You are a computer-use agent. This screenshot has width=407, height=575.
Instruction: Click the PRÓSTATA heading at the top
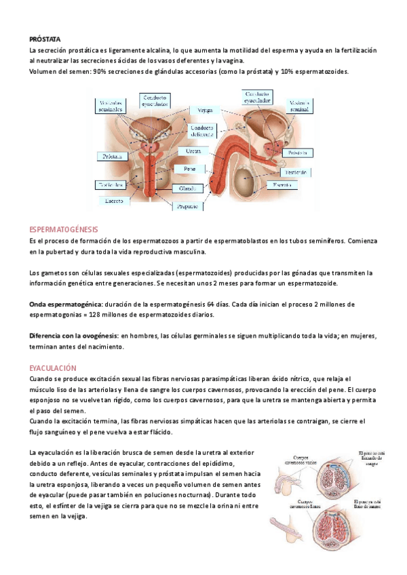[x=42, y=39]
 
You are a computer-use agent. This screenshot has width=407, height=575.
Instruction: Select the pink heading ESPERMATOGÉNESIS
[x=64, y=230]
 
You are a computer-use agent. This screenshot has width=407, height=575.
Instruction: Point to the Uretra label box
[x=193, y=151]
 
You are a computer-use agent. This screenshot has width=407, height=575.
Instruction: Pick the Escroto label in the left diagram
[x=109, y=201]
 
